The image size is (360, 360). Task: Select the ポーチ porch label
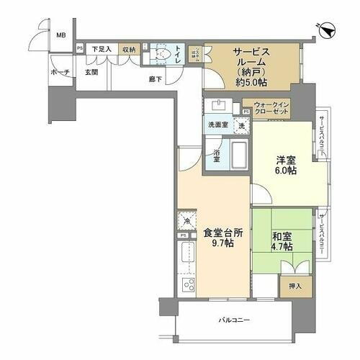tap(60, 73)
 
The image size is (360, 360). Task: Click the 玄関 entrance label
tap(91, 73)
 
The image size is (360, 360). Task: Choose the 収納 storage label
tap(129, 49)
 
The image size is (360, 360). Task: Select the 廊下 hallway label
tap(156, 78)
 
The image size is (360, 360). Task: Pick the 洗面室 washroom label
tap(217, 125)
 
